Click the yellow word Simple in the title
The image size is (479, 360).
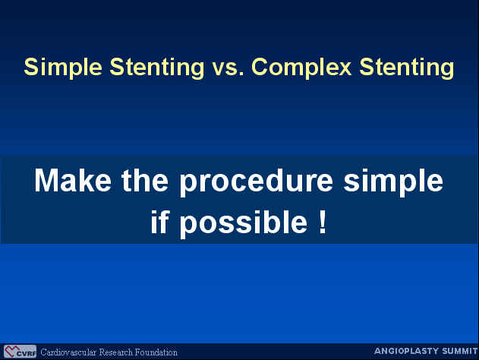(63, 68)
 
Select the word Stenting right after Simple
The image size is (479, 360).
(157, 68)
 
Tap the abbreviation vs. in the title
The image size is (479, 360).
(228, 68)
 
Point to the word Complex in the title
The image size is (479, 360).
(301, 68)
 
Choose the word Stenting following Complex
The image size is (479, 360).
(407, 68)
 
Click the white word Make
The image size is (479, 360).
(73, 180)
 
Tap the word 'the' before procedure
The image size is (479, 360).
(145, 180)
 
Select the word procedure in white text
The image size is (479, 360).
(256, 182)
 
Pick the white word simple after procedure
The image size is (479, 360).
(393, 182)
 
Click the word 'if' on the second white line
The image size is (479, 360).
(159, 222)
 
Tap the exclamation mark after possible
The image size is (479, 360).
(323, 222)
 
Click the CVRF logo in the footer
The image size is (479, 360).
(20, 352)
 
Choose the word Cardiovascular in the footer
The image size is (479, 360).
(68, 352)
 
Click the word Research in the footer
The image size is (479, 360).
(116, 352)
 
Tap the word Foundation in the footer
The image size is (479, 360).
(156, 352)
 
